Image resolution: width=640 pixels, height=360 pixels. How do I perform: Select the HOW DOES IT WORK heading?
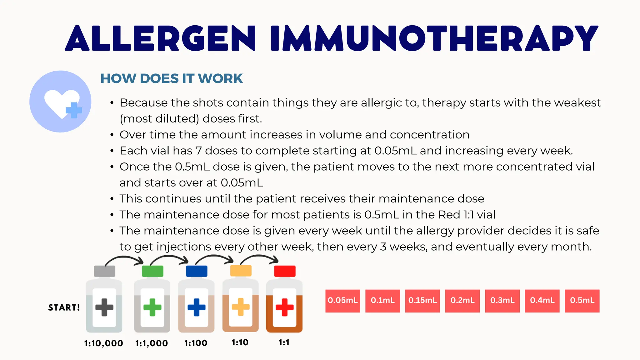[172, 78]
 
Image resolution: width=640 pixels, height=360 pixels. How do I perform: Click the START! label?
[64, 307]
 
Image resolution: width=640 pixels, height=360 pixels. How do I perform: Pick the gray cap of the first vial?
[104, 271]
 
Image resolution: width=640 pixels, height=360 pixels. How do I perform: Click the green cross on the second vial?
[152, 307]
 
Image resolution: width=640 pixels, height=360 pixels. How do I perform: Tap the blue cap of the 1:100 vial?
[197, 271]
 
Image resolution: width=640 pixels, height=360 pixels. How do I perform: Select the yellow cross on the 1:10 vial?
[241, 307]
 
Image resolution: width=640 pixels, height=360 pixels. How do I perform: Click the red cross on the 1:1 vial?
[284, 307]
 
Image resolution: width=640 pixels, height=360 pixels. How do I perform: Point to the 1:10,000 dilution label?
[103, 343]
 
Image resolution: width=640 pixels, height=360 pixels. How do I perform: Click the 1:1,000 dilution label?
[152, 343]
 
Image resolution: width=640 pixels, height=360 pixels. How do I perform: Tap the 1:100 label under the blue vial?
[196, 343]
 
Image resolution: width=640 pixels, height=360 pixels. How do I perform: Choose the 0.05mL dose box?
[342, 301]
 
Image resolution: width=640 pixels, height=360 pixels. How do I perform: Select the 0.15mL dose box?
[422, 301]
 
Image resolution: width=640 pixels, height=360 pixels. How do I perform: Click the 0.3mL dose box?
[502, 301]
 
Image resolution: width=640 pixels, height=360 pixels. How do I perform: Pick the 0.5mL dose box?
[582, 301]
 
